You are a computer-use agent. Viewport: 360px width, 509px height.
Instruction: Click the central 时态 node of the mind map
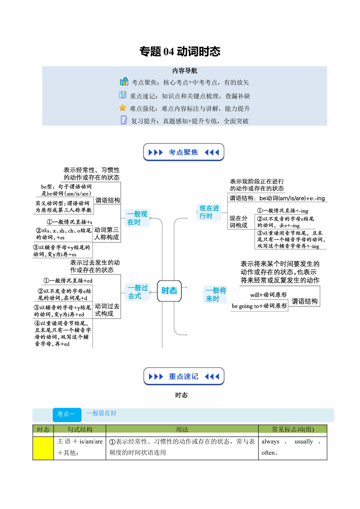[169, 291]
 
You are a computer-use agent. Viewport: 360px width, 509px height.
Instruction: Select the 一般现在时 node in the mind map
[137, 218]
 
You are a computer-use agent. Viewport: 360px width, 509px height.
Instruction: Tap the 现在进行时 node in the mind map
[209, 212]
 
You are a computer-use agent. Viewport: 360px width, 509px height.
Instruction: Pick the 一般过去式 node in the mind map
[138, 292]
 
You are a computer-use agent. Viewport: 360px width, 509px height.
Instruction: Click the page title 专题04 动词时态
[180, 51]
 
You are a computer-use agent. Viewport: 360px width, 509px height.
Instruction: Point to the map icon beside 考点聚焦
[124, 82]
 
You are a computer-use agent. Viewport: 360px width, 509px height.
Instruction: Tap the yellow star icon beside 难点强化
[123, 108]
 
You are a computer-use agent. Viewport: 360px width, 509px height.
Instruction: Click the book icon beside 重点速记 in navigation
[122, 95]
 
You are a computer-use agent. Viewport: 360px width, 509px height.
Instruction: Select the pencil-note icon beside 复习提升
[124, 120]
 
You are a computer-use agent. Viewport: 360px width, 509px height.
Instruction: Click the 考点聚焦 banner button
[184, 152]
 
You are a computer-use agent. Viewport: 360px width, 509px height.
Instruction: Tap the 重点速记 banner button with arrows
[184, 376]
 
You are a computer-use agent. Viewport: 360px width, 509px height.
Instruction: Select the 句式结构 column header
[80, 429]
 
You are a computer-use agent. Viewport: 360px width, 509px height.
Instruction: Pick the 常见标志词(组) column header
[293, 429]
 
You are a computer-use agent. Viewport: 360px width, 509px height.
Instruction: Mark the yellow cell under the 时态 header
[43, 448]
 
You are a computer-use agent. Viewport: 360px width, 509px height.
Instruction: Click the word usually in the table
[304, 442]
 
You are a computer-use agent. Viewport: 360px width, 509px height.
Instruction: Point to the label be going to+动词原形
[259, 306]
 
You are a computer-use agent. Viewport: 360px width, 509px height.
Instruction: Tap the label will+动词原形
[268, 295]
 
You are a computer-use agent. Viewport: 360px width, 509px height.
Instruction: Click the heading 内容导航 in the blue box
[184, 71]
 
